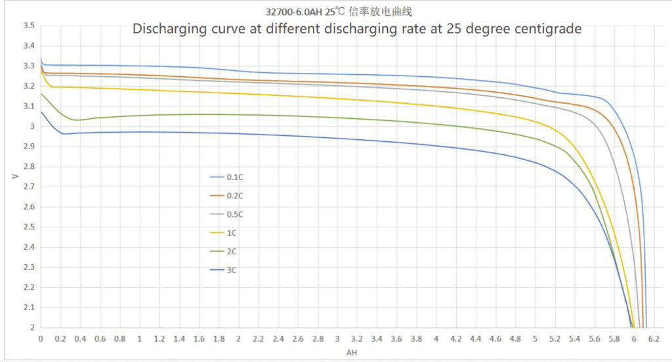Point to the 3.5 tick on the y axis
[28, 26]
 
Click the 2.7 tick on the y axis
[28, 187]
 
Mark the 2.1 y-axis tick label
[28, 307]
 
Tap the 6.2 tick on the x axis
[654, 339]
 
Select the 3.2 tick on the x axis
[357, 339]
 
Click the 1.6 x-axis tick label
[199, 339]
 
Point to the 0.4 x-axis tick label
[80, 339]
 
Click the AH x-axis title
[352, 353]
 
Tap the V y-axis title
[14, 176]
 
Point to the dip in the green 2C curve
[77, 120]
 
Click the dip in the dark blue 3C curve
[64, 134]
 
